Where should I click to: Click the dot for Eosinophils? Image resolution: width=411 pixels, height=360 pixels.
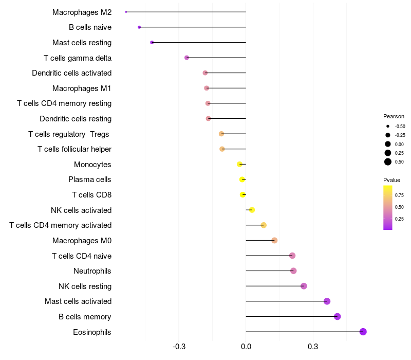tap(363, 332)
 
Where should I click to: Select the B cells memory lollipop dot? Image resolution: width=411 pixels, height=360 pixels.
tap(338, 316)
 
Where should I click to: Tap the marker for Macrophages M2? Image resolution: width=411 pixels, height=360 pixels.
tap(126, 12)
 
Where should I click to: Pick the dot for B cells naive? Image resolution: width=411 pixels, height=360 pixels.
tap(139, 27)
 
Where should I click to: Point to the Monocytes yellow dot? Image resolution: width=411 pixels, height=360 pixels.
tap(239, 164)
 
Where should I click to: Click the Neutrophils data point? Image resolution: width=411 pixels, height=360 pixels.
tap(293, 271)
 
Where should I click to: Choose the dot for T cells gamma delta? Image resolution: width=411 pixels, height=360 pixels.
tap(186, 58)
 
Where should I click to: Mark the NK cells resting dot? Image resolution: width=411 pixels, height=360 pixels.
tap(304, 286)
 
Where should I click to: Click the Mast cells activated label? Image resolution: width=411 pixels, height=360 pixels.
tap(78, 301)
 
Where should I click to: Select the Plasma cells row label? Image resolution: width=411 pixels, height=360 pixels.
tap(90, 179)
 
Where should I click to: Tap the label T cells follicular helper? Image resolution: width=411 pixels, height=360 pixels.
tap(74, 149)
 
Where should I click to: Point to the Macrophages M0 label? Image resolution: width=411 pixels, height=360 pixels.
tap(82, 241)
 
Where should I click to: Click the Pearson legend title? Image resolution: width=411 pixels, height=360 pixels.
tap(394, 116)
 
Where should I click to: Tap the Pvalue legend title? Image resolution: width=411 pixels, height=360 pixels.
tap(391, 180)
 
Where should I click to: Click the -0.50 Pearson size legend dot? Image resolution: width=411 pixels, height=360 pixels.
tap(388, 126)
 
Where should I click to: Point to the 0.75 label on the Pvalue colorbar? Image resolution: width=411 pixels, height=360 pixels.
tap(399, 195)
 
